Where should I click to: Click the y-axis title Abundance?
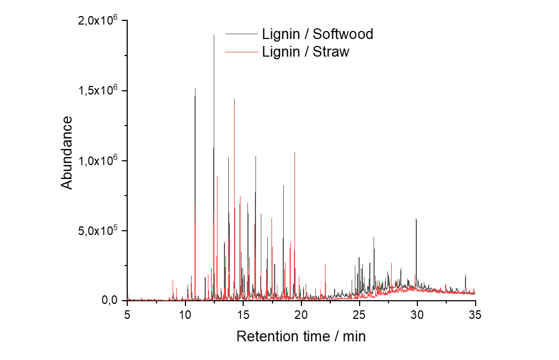pyautogui.click(x=67, y=153)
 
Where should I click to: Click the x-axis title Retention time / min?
pyautogui.click(x=301, y=336)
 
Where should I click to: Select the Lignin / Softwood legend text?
pyautogui.click(x=317, y=34)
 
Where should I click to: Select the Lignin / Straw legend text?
pyautogui.click(x=306, y=52)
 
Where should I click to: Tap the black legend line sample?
pyautogui.click(x=242, y=34)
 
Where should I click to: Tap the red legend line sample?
pyautogui.click(x=242, y=52)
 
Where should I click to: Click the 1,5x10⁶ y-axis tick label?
pyautogui.click(x=97, y=90)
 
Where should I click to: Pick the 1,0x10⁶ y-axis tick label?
pyautogui.click(x=97, y=160)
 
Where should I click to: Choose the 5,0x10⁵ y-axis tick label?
pyautogui.click(x=97, y=230)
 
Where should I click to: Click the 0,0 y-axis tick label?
pyautogui.click(x=110, y=301)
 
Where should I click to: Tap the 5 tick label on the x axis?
pyautogui.click(x=127, y=315)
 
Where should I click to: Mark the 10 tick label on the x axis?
pyautogui.click(x=185, y=315)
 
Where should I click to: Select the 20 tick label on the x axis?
pyautogui.click(x=301, y=315)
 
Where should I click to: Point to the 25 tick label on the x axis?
pyautogui.click(x=359, y=315)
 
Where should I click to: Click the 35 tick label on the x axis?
pyautogui.click(x=475, y=315)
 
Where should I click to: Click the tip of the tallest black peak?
pyautogui.click(x=214, y=35)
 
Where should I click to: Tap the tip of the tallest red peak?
pyautogui.click(x=234, y=99)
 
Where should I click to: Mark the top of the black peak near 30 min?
pyautogui.click(x=416, y=219)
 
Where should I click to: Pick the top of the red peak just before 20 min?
pyautogui.click(x=295, y=153)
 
